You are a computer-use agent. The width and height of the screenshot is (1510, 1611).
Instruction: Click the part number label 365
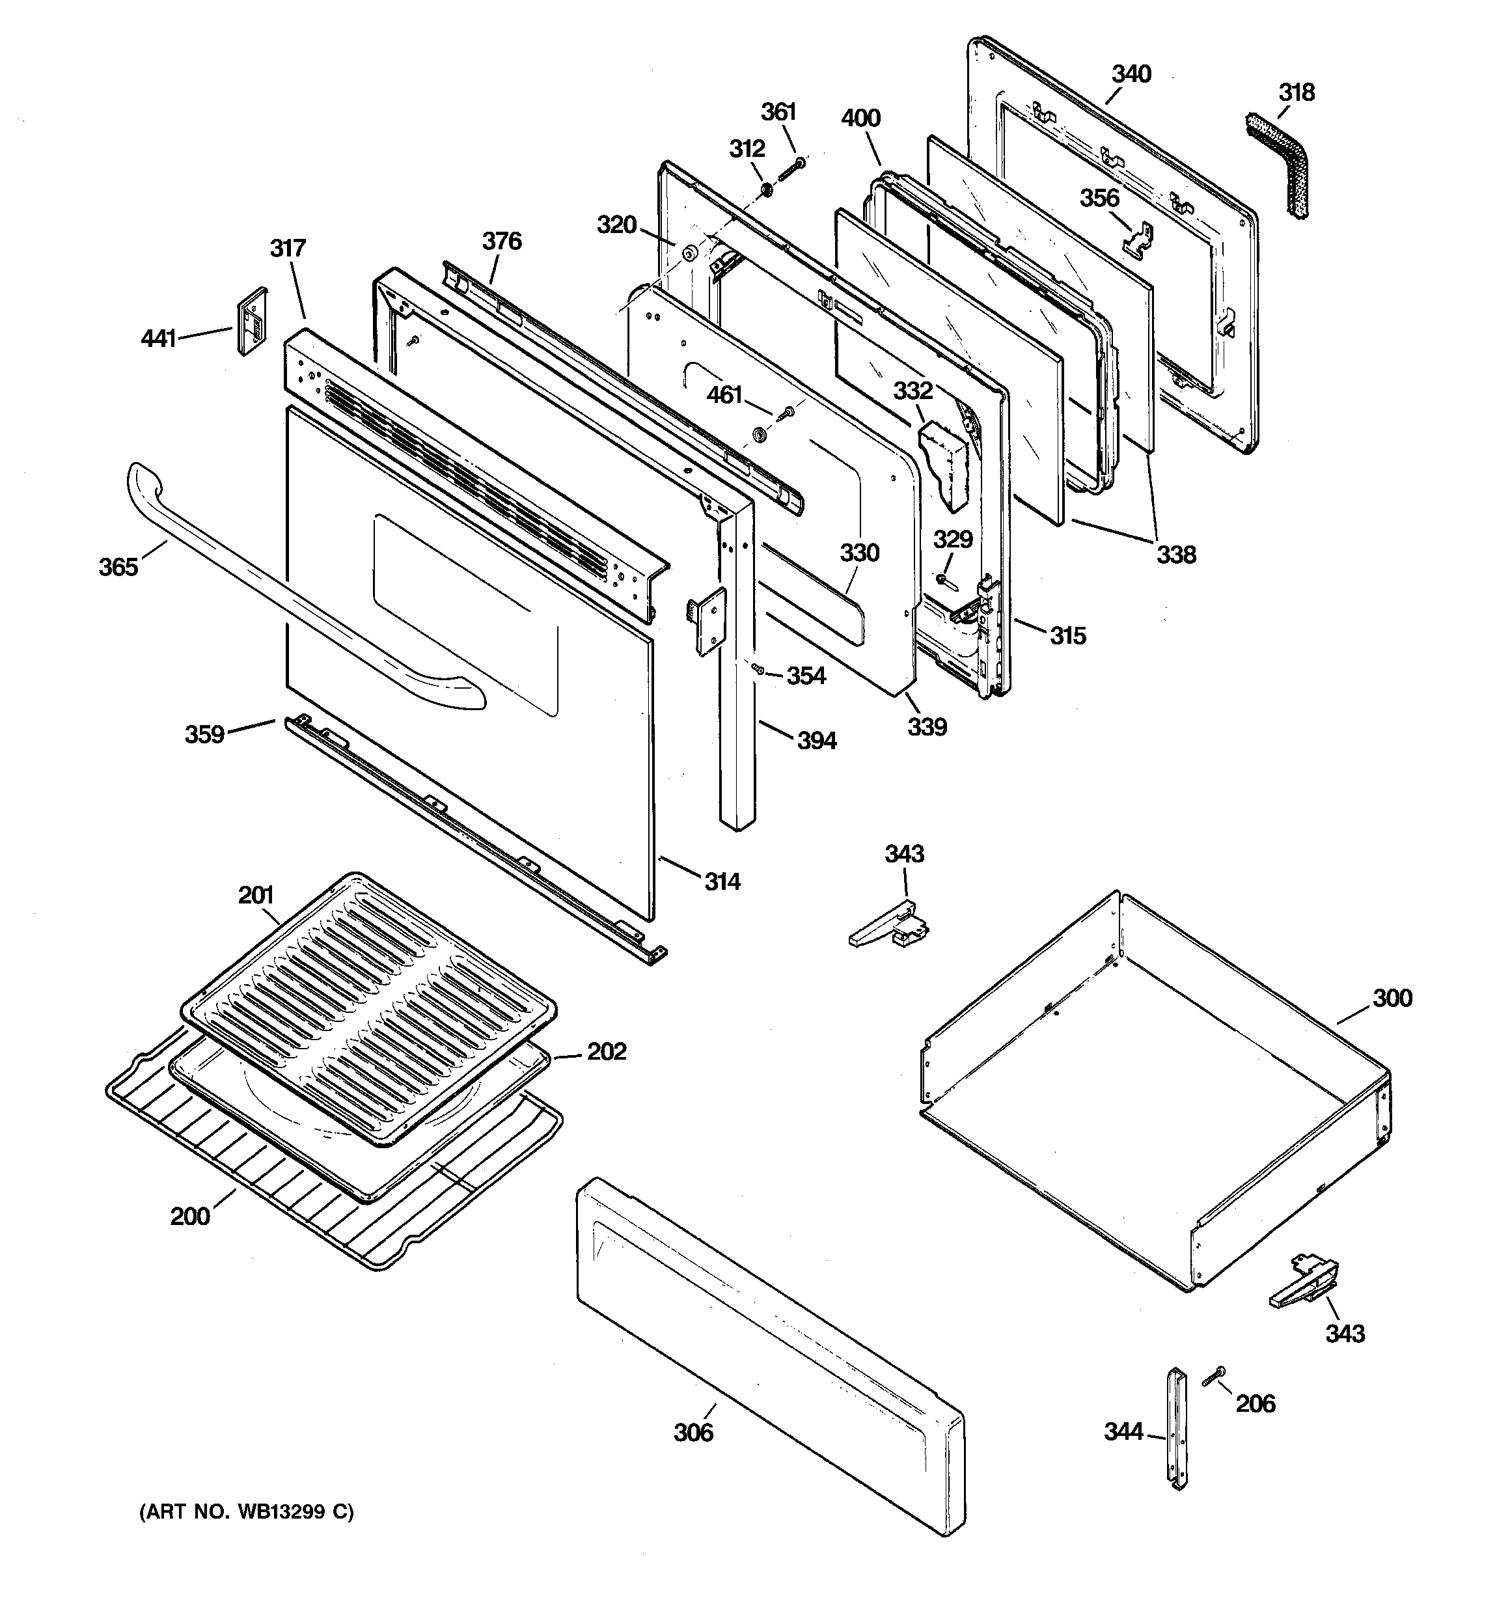tap(118, 567)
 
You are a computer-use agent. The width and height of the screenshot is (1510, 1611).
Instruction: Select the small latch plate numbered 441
tap(251, 321)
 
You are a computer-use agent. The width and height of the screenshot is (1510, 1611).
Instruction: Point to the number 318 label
tap(1296, 92)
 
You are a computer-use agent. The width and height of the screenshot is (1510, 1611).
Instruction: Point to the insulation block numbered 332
tap(945, 466)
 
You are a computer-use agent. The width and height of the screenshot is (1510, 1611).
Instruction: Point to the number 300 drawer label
tap(1392, 998)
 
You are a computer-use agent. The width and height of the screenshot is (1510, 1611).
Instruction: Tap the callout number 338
tap(1175, 555)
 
